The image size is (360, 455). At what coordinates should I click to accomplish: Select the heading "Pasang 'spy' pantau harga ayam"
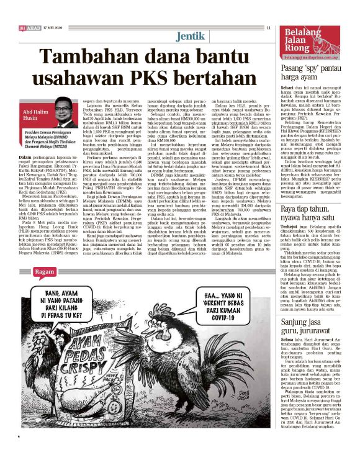point(314,69)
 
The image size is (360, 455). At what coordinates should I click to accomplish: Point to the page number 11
point(268,27)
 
